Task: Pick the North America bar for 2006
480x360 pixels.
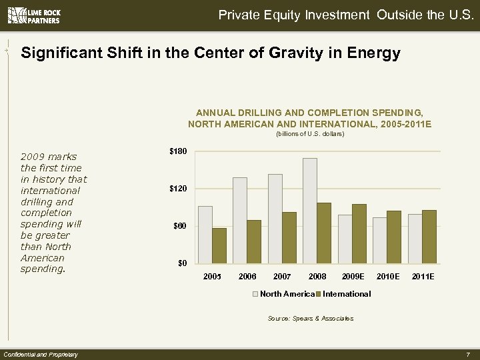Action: click(x=240, y=220)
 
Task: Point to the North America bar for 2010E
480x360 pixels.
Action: click(x=379, y=240)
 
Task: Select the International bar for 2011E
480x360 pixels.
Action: click(x=429, y=236)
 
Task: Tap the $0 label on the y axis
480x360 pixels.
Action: click(x=181, y=263)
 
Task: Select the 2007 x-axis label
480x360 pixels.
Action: click(x=282, y=276)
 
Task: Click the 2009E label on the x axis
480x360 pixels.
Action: click(x=353, y=276)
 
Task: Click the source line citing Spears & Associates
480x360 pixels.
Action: click(x=310, y=319)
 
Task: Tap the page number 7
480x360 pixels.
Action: click(x=469, y=354)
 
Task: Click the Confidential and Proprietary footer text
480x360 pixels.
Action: click(x=41, y=354)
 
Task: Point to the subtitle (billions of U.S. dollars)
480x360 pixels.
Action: click(x=310, y=134)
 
